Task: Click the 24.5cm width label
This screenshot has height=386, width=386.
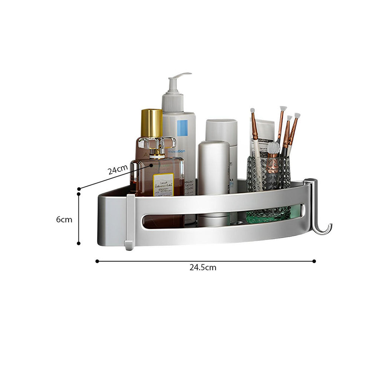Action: click(x=203, y=268)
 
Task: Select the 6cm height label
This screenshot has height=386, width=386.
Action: click(x=64, y=219)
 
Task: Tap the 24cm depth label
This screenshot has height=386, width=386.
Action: click(x=118, y=170)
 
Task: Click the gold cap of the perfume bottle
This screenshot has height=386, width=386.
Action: click(x=152, y=123)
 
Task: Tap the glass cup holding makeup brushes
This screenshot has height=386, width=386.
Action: click(x=269, y=173)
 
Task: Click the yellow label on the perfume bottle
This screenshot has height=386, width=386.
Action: click(x=164, y=184)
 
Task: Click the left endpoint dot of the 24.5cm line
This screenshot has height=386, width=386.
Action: click(x=97, y=261)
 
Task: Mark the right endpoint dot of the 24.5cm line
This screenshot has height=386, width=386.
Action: click(x=314, y=261)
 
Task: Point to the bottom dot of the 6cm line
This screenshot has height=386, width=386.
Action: click(x=78, y=243)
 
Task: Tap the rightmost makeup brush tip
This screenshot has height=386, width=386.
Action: click(x=297, y=115)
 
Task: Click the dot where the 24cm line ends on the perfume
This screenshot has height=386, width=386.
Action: click(x=151, y=165)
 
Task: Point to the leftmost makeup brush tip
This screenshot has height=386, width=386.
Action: click(x=253, y=110)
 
